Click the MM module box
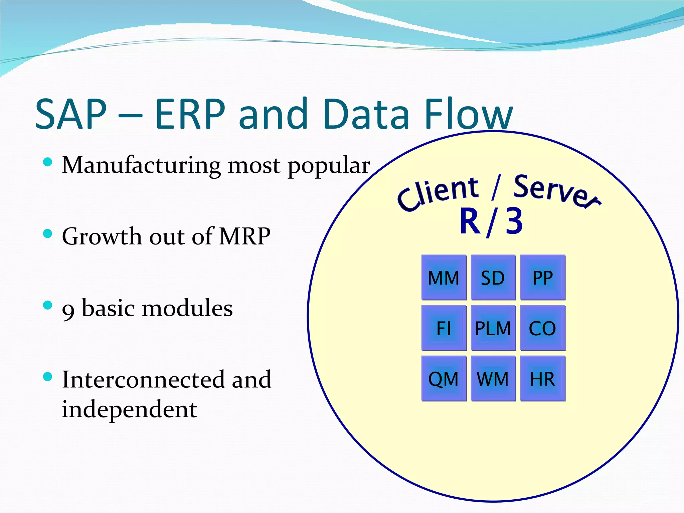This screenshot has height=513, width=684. (x=444, y=278)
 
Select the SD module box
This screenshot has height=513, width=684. (x=493, y=278)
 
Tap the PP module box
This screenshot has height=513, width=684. (x=542, y=278)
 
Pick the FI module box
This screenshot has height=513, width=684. (x=444, y=328)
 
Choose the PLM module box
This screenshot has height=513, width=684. (x=493, y=328)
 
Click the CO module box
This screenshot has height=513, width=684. (x=542, y=328)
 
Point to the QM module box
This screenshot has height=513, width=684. (x=444, y=378)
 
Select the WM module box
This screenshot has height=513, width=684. (x=493, y=378)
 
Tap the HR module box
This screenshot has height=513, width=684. (x=542, y=378)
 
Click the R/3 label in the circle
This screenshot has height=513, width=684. (x=491, y=221)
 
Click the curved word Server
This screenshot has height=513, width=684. (x=556, y=192)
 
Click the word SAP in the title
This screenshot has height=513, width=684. (x=71, y=114)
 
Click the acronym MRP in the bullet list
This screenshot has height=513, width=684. (x=244, y=236)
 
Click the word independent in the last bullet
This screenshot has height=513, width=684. (x=130, y=409)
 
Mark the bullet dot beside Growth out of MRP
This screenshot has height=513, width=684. (x=48, y=233)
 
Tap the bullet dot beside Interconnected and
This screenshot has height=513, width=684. (x=48, y=376)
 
